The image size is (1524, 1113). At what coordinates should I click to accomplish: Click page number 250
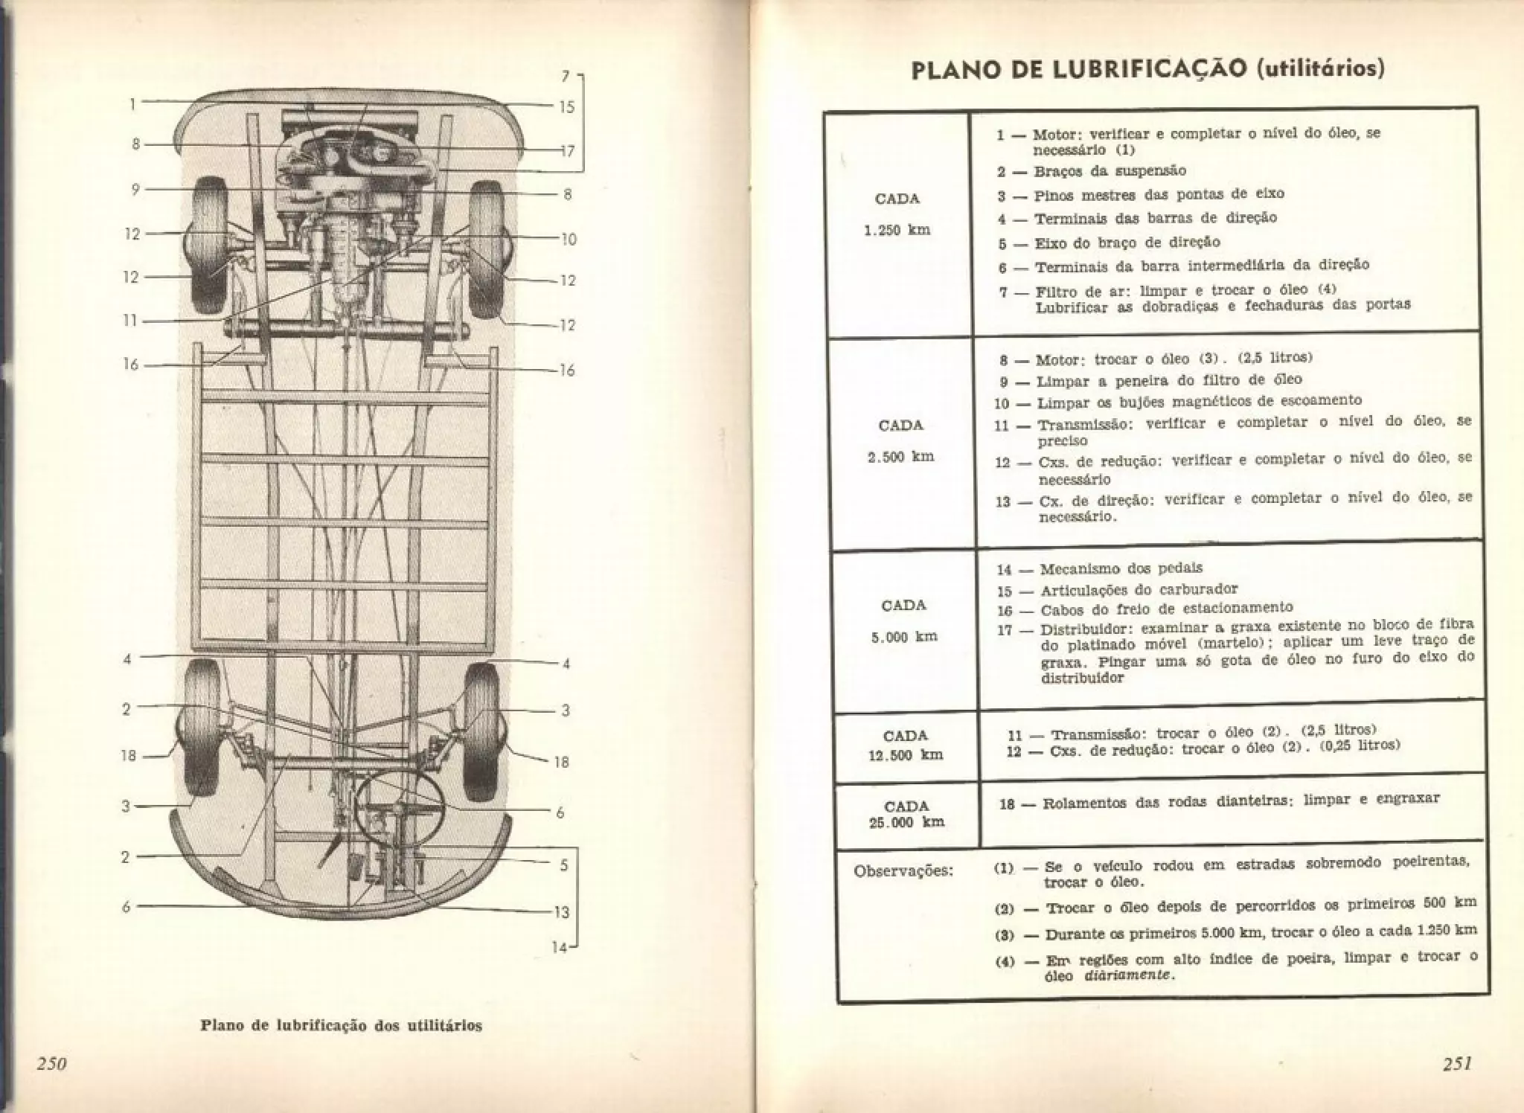click(52, 1064)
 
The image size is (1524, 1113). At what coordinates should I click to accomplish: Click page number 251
click(1458, 1064)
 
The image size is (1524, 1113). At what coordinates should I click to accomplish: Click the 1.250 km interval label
click(897, 230)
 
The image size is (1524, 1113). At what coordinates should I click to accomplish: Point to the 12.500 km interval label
click(906, 754)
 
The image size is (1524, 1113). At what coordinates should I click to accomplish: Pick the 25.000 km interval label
click(906, 822)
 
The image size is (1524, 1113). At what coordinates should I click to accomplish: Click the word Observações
click(903, 870)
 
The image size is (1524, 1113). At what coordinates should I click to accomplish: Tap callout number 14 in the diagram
click(559, 948)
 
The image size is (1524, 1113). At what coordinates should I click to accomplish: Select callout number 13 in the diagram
click(561, 912)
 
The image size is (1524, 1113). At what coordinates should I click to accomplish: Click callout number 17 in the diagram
click(566, 151)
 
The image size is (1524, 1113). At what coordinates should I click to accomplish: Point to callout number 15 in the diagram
click(566, 107)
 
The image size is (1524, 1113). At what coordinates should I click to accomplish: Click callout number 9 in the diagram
click(135, 190)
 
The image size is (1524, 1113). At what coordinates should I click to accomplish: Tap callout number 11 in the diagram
click(131, 321)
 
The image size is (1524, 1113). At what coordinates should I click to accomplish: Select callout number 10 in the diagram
click(568, 240)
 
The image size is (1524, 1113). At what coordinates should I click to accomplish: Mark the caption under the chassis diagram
click(342, 1025)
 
